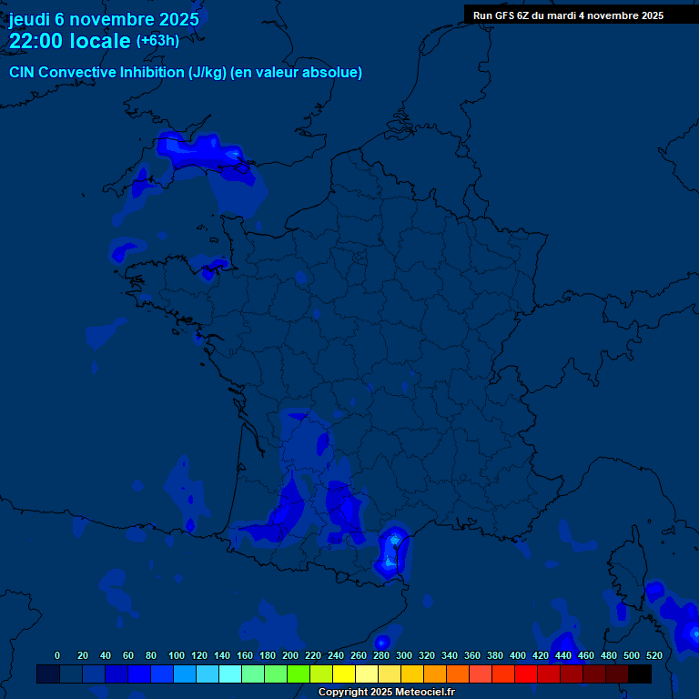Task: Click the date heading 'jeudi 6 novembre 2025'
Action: point(104,19)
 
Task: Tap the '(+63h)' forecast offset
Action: point(157,41)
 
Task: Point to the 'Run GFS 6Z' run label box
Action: point(568,15)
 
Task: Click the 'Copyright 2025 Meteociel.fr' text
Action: point(386,693)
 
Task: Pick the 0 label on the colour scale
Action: point(57,655)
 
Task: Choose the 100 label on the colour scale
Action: point(177,655)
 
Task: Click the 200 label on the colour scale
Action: point(290,655)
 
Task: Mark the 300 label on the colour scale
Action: point(404,655)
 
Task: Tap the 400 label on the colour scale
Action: point(518,655)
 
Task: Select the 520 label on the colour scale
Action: point(653,655)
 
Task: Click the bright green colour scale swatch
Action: point(299,674)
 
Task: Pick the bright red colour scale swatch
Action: point(526,674)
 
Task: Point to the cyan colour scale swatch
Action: point(230,674)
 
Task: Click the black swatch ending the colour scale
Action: point(640,674)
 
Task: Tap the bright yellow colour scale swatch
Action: point(344,674)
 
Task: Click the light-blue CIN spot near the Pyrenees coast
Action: point(394,540)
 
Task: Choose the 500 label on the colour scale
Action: point(631,655)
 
